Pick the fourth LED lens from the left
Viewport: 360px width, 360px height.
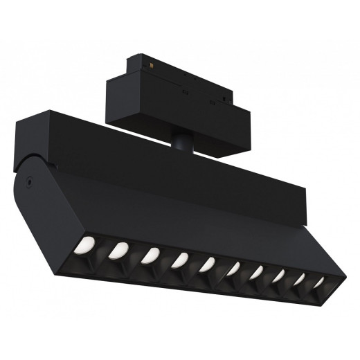(x=179, y=259)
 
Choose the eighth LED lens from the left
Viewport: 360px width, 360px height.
(x=280, y=276)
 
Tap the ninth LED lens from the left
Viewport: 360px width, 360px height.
(x=301, y=280)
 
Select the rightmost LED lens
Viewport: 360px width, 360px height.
(x=319, y=284)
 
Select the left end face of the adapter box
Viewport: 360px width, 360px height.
(x=111, y=100)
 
